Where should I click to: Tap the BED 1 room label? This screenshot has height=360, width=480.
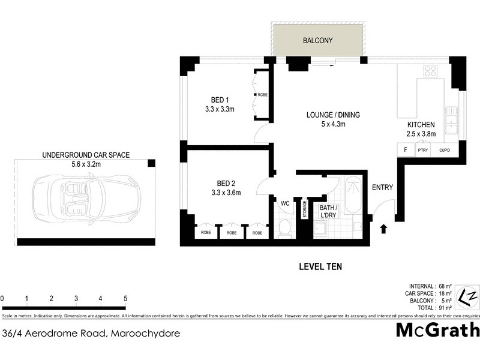tap(220, 100)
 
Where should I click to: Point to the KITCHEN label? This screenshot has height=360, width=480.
tap(421, 125)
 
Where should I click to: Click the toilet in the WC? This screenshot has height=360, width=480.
tap(285, 228)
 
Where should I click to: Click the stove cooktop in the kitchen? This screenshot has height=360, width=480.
tap(430, 71)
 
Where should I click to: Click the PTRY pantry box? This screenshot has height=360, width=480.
tap(422, 151)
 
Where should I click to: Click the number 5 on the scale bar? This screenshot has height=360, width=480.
tap(125, 298)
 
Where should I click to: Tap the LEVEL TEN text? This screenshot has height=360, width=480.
tap(320, 266)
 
